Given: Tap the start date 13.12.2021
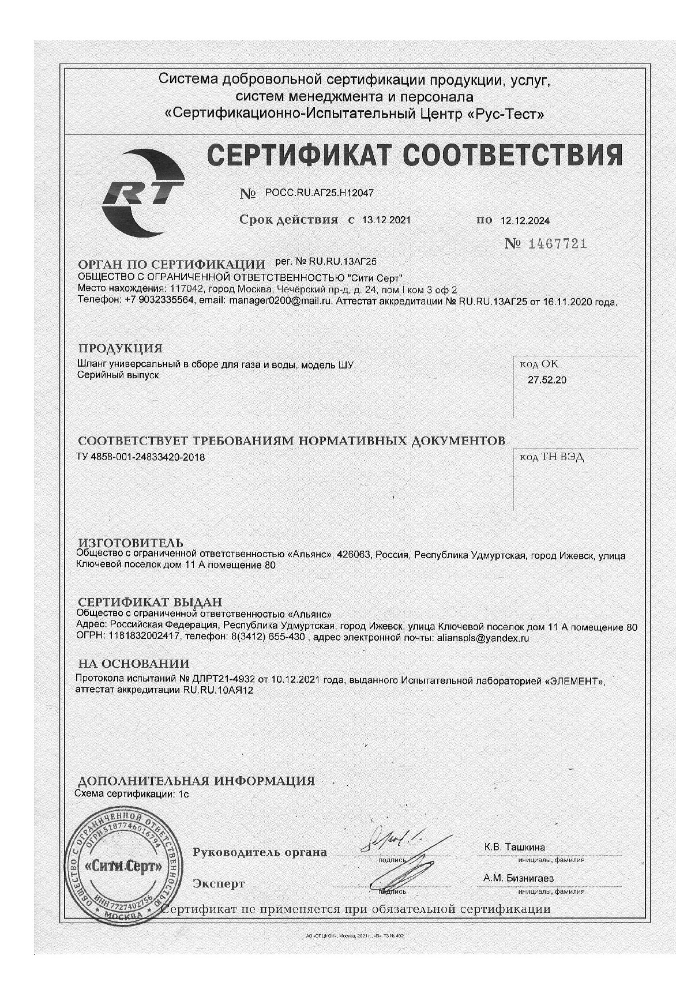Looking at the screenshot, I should pyautogui.click(x=386, y=220).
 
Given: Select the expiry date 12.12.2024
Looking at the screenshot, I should pyautogui.click(x=525, y=220).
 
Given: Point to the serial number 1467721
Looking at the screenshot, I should pyautogui.click(x=557, y=244).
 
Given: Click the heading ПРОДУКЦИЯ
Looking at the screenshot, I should pyautogui.click(x=120, y=348).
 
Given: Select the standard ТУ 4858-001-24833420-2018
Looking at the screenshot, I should pyautogui.click(x=141, y=457).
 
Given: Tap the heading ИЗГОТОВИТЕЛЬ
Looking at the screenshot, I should pyautogui.click(x=130, y=543).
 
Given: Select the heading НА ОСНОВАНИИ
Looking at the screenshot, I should pyautogui.click(x=133, y=664).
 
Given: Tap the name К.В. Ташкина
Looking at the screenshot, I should pyautogui.click(x=514, y=847).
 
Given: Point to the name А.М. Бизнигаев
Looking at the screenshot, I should pyautogui.click(x=519, y=878).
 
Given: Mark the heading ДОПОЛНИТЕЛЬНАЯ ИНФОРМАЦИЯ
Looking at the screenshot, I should pyautogui.click(x=196, y=781).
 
